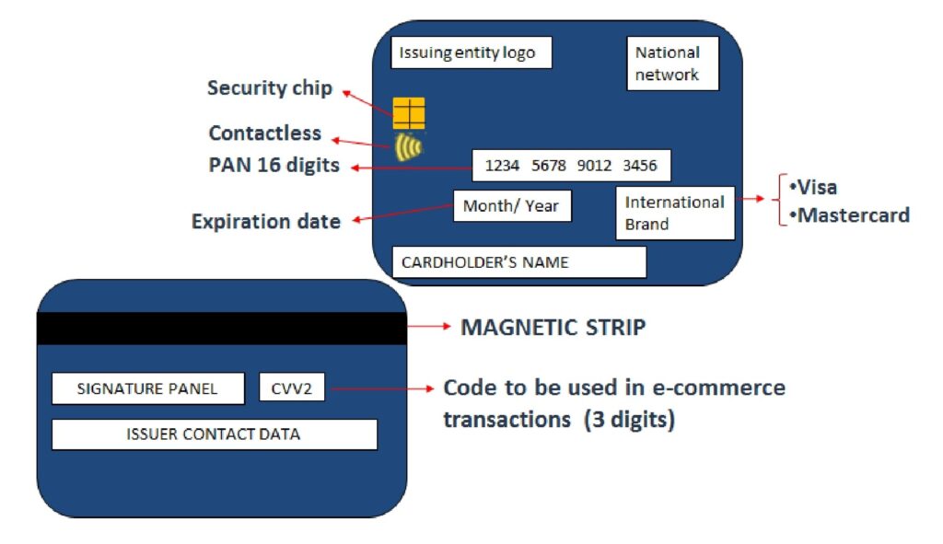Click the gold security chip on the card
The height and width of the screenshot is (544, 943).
(x=409, y=112)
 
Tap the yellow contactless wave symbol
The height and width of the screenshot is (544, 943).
(x=407, y=147)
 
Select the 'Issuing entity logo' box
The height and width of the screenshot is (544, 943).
(x=471, y=52)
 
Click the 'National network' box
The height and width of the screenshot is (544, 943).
(x=667, y=64)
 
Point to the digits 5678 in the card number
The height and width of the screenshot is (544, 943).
(x=548, y=166)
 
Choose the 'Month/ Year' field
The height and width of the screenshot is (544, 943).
(x=511, y=206)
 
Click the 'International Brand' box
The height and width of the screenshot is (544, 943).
(x=675, y=213)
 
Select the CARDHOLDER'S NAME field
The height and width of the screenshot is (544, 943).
(x=518, y=262)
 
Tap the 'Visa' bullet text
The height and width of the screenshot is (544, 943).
(x=813, y=188)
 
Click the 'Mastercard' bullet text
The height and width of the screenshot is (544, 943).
(x=848, y=215)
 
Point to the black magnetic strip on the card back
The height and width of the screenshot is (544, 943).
(x=221, y=329)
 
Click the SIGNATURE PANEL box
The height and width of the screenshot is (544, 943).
(x=147, y=388)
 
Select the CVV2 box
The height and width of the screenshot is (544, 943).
(x=292, y=388)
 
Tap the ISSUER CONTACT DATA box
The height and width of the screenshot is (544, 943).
(x=214, y=434)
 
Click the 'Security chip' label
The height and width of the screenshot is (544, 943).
(x=269, y=88)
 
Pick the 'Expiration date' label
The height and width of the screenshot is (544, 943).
(x=265, y=222)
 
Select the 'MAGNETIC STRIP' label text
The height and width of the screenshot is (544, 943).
(x=553, y=328)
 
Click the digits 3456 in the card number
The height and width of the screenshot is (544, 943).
(x=640, y=166)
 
